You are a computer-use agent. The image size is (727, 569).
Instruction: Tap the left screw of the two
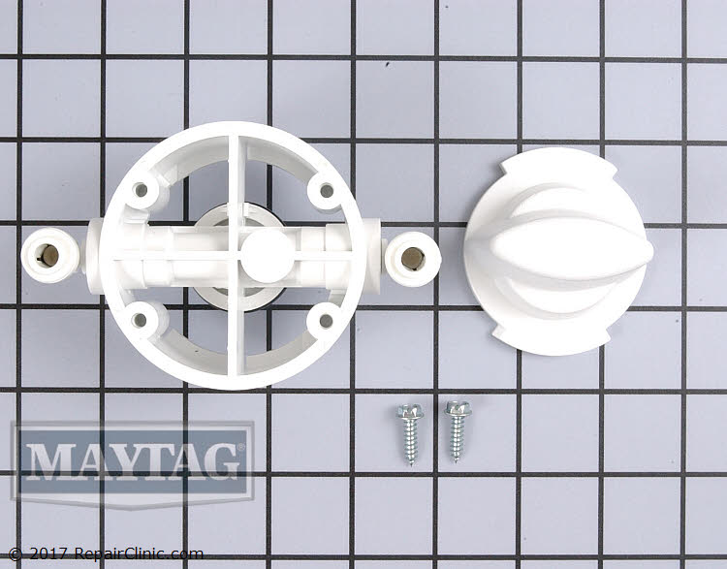(408, 432)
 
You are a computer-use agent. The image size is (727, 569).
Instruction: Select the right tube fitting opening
(412, 257)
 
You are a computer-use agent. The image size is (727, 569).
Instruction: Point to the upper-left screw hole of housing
(142, 190)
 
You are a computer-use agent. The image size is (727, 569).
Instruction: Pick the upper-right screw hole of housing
(323, 190)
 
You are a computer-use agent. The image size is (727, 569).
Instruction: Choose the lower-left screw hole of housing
(142, 317)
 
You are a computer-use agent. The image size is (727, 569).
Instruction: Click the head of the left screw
(404, 414)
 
